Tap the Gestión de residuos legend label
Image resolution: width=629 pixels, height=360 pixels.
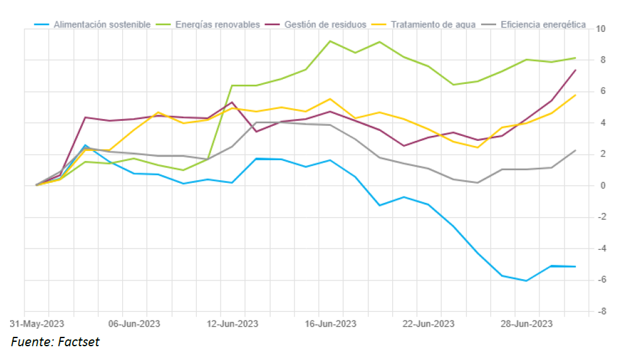[x=325, y=24]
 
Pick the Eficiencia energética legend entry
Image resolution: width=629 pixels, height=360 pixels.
[x=543, y=24]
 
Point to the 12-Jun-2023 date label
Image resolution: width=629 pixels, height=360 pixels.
[x=232, y=324]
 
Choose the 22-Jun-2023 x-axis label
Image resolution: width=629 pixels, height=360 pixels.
[x=428, y=324]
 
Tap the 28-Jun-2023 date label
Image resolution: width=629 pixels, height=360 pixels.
[x=526, y=324]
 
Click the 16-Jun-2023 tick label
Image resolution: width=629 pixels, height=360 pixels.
[x=330, y=324]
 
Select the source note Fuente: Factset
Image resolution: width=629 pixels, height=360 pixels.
[x=55, y=342]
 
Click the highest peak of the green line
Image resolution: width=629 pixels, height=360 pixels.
[x=330, y=41]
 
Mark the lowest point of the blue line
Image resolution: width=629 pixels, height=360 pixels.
[x=526, y=280]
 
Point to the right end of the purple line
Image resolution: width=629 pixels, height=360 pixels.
[x=576, y=70]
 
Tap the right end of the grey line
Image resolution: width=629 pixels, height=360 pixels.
[x=576, y=150]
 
